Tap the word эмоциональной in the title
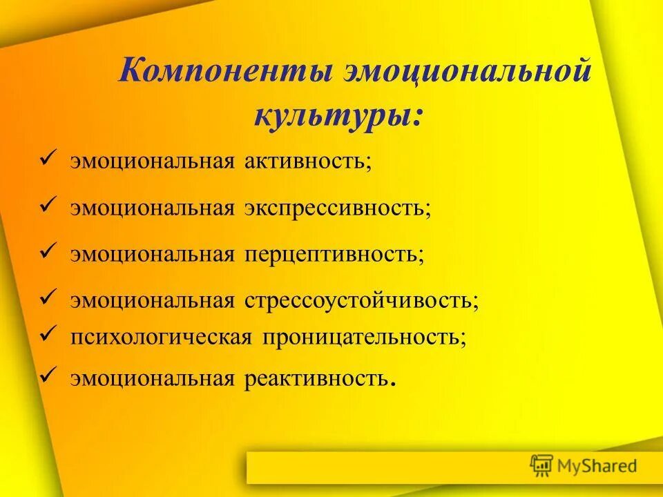(468, 72)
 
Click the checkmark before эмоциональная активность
(47, 160)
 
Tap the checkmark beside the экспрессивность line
(47, 206)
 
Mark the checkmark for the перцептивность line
(47, 252)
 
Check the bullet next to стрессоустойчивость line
(47, 299)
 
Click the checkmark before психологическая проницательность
(47, 335)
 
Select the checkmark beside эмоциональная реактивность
(47, 376)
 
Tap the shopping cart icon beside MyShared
(542, 466)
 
